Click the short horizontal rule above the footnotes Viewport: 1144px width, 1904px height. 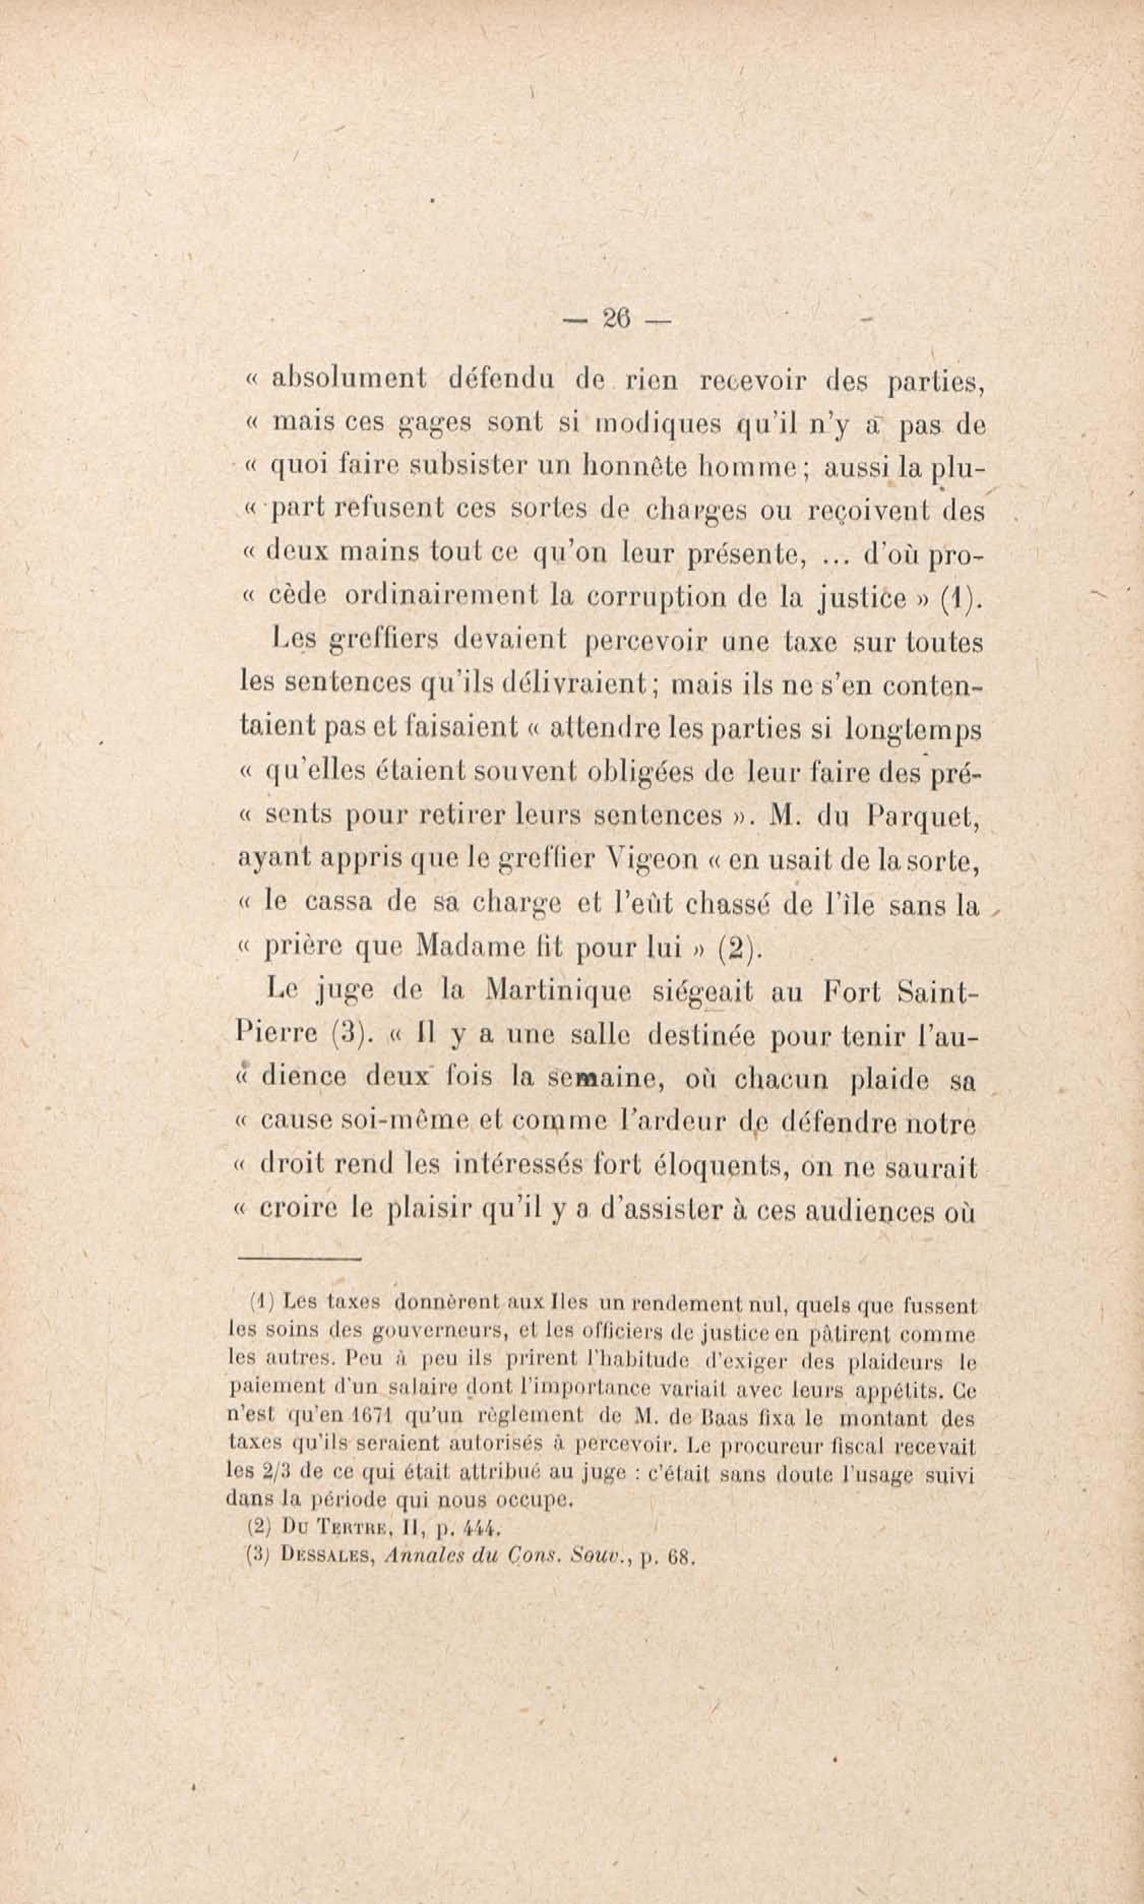(x=299, y=1260)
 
